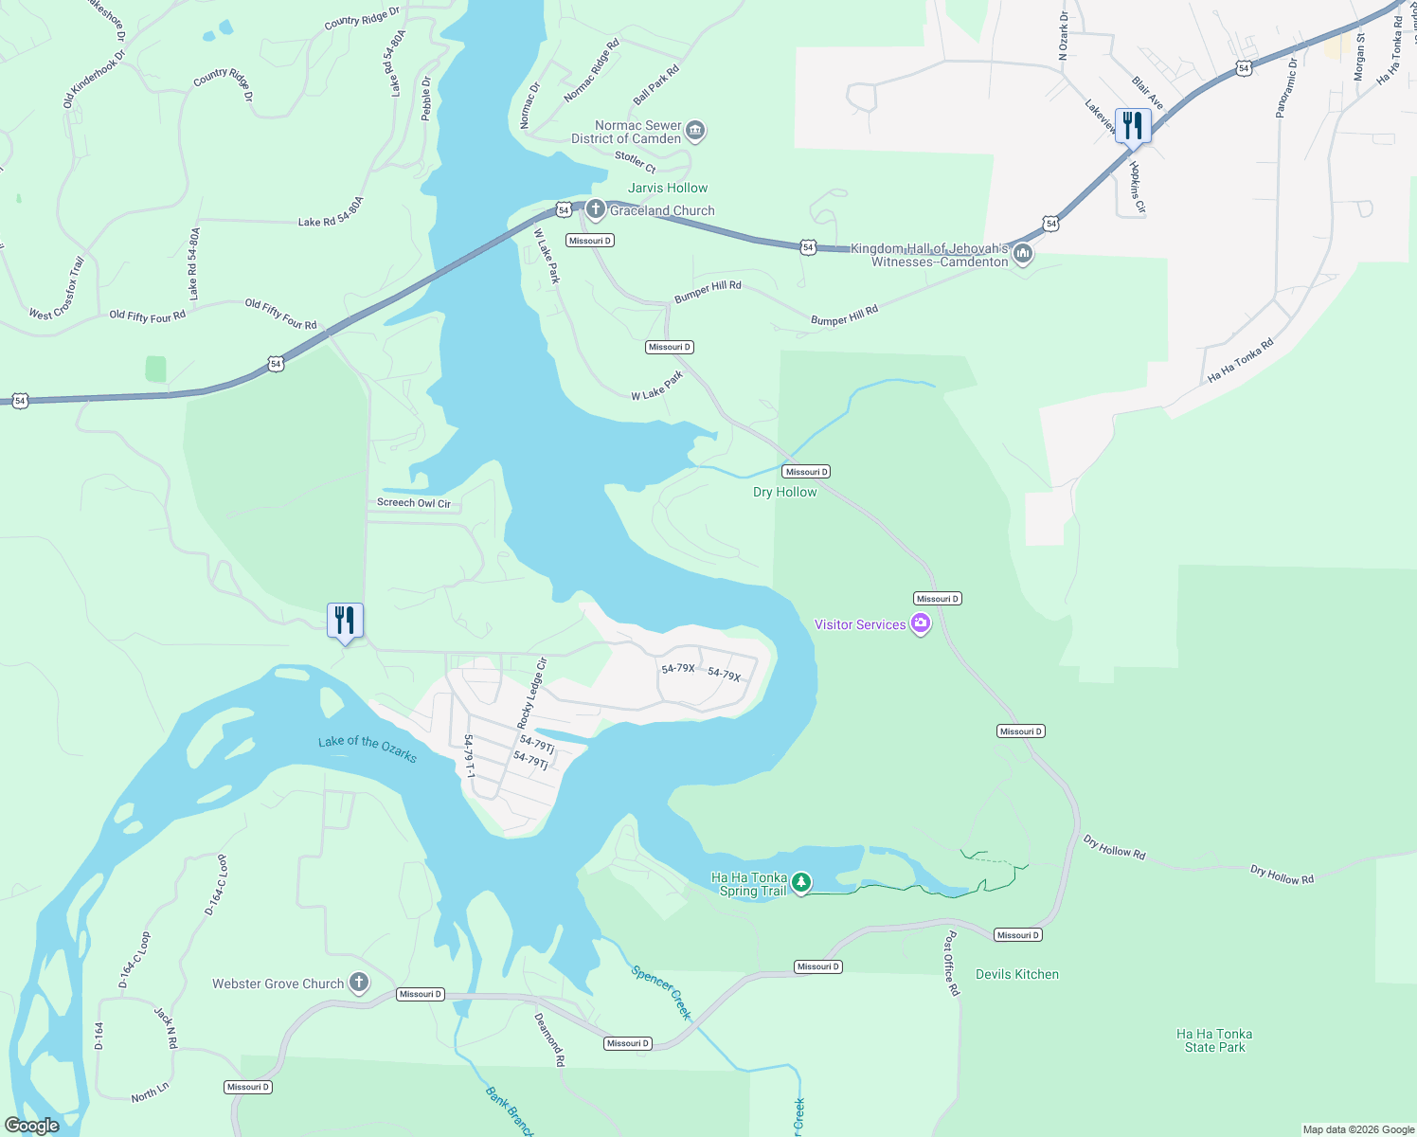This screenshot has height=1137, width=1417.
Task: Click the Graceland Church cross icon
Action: coord(595,209)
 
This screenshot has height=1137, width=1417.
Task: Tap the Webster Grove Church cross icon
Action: coord(358,983)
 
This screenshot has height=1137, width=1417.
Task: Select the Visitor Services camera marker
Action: coord(920,623)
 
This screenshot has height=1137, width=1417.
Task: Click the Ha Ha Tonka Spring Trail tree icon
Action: coord(801,883)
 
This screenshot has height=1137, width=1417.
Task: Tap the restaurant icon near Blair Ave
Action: coord(1133,125)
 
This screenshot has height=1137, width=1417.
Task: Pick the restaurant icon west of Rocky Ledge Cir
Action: coord(345,621)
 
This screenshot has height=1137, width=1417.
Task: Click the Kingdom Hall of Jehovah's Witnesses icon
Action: coord(1022,254)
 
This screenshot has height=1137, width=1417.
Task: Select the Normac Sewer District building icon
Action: coord(695,131)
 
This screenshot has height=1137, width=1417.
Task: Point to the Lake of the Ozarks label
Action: coord(368,749)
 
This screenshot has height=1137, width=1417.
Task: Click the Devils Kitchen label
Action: coord(1017,974)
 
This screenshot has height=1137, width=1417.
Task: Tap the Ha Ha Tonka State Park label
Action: coord(1214,1040)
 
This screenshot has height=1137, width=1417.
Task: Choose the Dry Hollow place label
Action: coord(784,492)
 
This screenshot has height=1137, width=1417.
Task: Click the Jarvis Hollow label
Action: coord(668,188)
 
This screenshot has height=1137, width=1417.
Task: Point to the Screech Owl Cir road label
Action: coord(414,503)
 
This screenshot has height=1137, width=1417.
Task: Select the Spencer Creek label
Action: coord(662,992)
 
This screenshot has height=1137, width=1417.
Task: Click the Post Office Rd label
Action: coord(952,963)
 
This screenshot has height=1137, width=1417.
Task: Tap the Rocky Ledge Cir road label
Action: coord(532,694)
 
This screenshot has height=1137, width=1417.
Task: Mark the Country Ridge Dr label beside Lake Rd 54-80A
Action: coord(362,18)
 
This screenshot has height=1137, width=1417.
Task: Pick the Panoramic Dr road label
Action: coord(1285,88)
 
